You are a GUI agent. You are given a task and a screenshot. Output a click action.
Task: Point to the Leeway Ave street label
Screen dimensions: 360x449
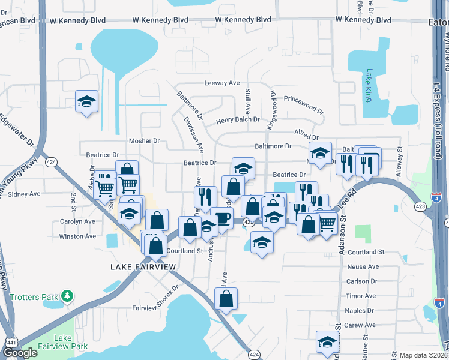[222, 83]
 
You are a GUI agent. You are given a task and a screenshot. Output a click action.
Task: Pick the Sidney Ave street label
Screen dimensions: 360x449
[25, 194]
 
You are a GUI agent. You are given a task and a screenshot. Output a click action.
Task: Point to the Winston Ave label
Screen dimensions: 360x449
[77, 236]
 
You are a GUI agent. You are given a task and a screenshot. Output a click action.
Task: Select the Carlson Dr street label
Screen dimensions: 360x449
[361, 281]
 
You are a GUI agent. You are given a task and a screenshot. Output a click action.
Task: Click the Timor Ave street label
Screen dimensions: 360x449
[361, 296]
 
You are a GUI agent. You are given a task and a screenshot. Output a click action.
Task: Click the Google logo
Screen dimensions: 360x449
[20, 353]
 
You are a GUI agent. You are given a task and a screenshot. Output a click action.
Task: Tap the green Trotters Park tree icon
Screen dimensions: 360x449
[68, 296]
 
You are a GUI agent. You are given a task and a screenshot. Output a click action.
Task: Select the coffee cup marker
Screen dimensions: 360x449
[221, 218]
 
